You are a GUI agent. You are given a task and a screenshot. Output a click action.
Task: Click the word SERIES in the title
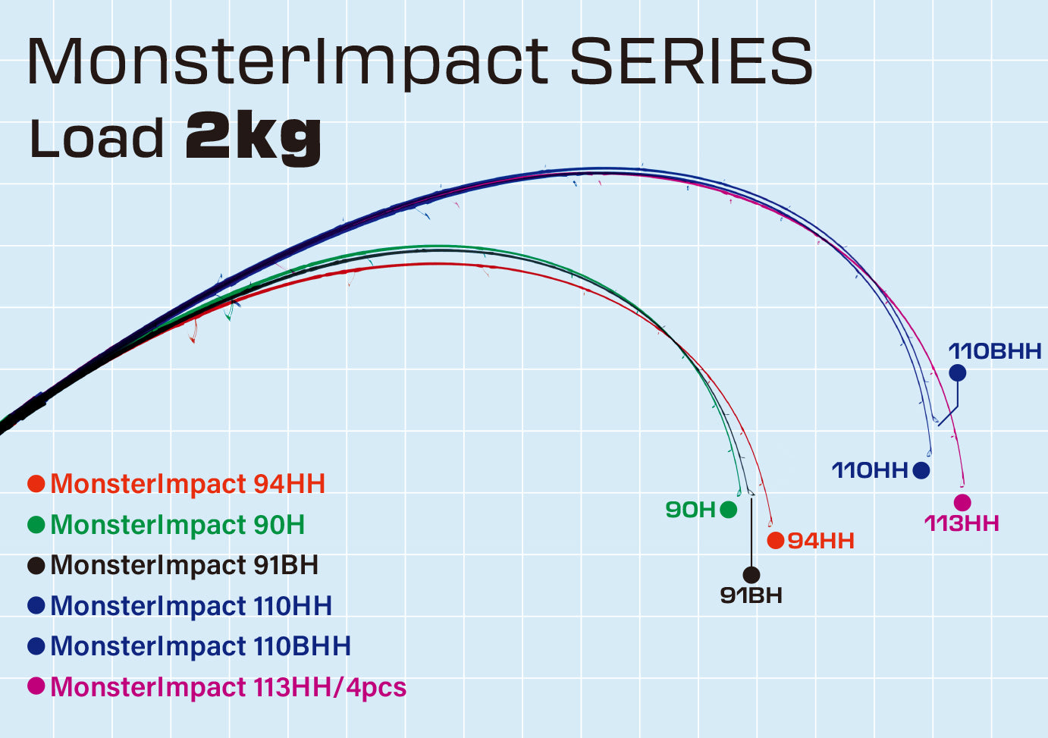(x=691, y=61)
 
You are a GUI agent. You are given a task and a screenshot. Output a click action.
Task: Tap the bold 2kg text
(x=253, y=138)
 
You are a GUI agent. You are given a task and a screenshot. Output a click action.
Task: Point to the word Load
(x=96, y=138)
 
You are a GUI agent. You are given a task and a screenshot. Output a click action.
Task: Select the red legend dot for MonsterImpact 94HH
(x=36, y=483)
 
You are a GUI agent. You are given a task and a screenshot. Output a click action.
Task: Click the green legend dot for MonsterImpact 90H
(x=36, y=524)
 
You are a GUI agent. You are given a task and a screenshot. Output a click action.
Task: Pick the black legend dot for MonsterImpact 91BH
(x=36, y=565)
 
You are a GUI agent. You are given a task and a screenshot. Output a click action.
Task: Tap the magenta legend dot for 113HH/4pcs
(x=36, y=686)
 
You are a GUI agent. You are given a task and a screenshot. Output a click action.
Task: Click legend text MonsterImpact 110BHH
(x=200, y=645)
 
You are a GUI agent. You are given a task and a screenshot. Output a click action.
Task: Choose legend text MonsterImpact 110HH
(x=191, y=605)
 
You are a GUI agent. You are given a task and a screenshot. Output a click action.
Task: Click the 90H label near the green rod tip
(x=691, y=510)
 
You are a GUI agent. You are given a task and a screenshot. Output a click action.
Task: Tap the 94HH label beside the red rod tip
(x=821, y=541)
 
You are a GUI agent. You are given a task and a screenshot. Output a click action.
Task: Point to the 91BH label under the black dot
(x=751, y=595)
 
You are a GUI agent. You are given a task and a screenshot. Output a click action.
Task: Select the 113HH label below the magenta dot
(x=962, y=523)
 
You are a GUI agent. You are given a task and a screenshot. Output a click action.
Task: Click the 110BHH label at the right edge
(x=995, y=351)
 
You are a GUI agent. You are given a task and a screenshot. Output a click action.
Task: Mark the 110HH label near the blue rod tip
(x=870, y=469)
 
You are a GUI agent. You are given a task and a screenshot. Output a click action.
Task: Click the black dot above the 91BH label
(x=751, y=575)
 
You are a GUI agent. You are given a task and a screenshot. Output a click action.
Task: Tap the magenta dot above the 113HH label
(x=962, y=503)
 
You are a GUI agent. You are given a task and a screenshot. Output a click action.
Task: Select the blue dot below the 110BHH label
(x=958, y=373)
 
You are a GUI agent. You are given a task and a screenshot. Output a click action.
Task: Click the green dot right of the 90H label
(x=729, y=510)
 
